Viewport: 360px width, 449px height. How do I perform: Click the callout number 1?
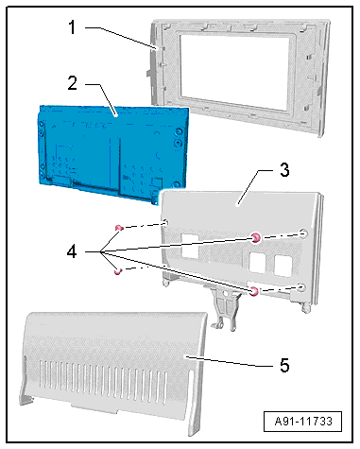tap(73, 27)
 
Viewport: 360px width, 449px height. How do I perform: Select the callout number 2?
tap(72, 83)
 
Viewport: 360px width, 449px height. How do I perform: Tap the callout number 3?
tap(284, 170)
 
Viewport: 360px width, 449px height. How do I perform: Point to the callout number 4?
tap(72, 251)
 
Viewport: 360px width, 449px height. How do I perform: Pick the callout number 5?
tap(284, 366)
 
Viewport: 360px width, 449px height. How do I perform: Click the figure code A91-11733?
tap(303, 422)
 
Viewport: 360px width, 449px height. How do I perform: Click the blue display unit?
tap(112, 154)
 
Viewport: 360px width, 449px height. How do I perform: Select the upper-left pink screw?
tap(119, 228)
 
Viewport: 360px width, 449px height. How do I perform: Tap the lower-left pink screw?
tap(117, 271)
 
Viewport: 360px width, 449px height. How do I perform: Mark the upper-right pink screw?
tap(256, 238)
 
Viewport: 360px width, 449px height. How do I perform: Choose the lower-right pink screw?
tap(254, 292)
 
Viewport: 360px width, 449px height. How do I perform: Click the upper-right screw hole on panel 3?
tap(303, 233)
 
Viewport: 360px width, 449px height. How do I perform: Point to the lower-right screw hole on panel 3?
tap(301, 287)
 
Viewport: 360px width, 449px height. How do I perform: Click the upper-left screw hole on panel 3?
tap(165, 223)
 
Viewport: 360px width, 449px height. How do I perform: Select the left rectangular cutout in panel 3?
tap(190, 247)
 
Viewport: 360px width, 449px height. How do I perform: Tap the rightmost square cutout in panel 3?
tap(283, 266)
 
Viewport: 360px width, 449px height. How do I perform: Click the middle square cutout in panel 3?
tap(258, 262)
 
